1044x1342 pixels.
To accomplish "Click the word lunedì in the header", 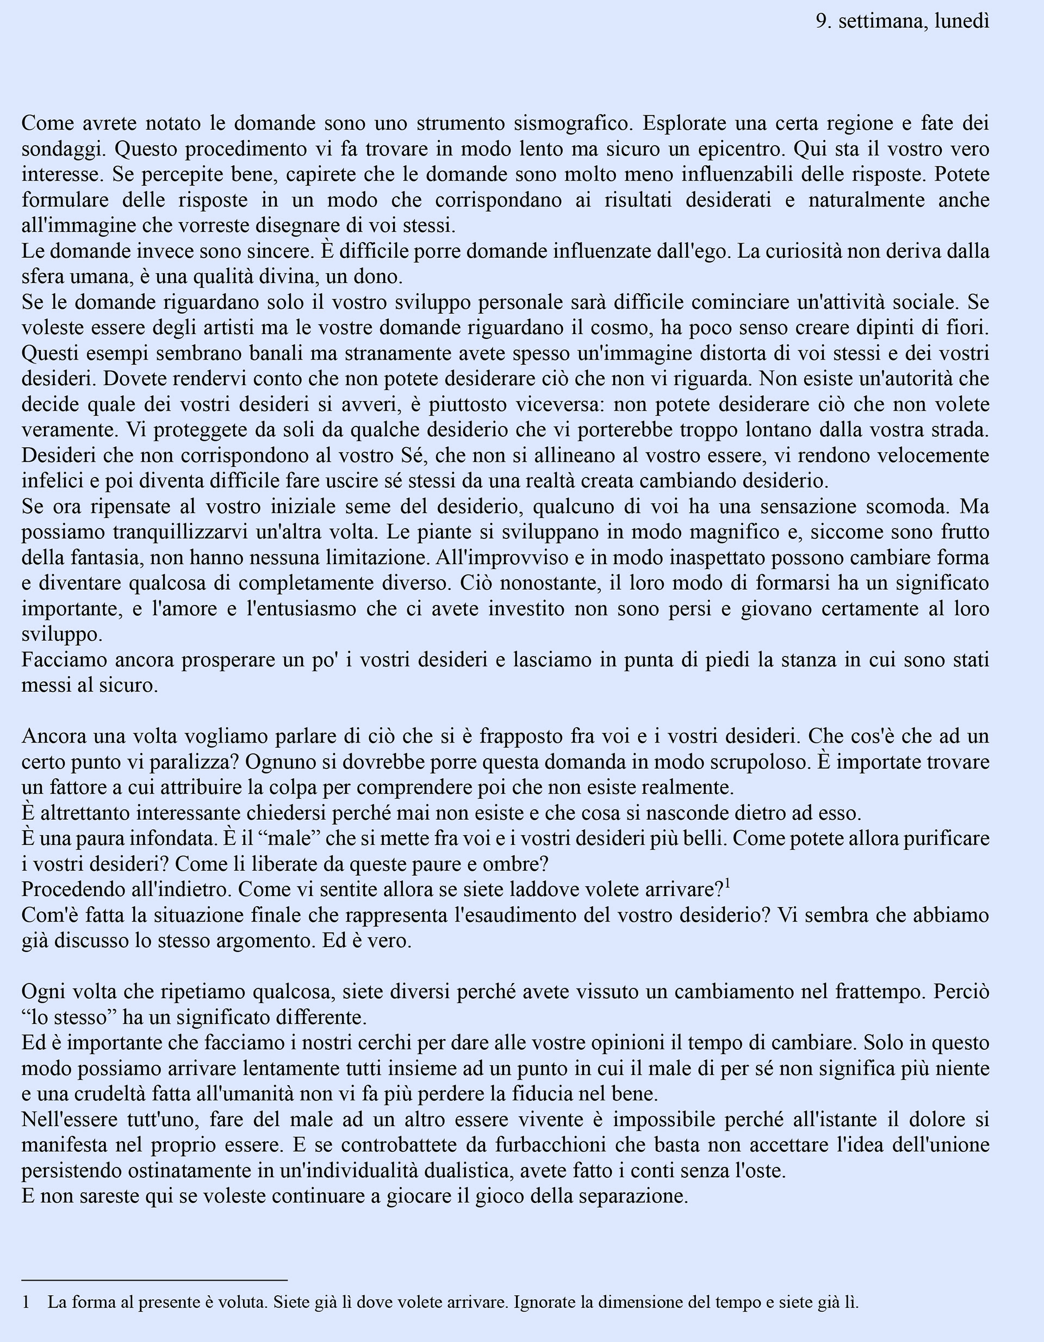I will tap(962, 22).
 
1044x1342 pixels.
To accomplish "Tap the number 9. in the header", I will tap(824, 22).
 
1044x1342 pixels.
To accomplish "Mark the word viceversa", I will tap(556, 405).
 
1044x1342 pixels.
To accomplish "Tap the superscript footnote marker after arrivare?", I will tap(727, 883).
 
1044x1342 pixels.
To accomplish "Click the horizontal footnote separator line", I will tap(154, 1280).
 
